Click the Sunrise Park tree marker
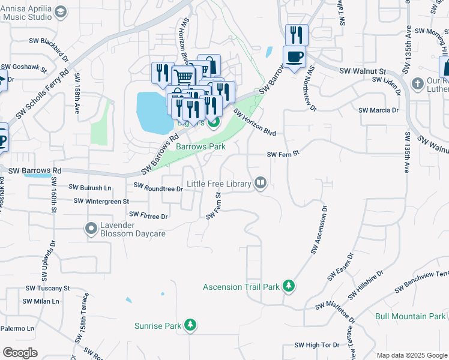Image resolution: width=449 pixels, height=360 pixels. coord(190,326)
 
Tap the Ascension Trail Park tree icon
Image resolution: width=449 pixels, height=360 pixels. coord(289,286)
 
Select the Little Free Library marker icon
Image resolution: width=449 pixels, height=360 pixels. coord(261,183)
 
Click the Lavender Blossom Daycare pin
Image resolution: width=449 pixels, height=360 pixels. coord(91,228)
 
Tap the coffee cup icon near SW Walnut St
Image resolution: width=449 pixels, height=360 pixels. coord(294,57)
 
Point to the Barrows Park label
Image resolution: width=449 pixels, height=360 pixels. coord(200,146)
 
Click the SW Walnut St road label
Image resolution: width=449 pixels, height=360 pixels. coord(362,71)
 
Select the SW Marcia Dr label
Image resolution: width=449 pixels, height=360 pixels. coord(378,110)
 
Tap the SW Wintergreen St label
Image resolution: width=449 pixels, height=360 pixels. coord(101,201)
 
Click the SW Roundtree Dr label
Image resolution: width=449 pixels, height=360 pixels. coord(157,188)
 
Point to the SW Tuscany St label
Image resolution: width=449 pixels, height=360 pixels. coord(47,289)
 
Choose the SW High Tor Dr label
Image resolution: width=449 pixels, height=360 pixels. coord(318,345)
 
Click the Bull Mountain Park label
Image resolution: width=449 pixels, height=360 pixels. coord(410,316)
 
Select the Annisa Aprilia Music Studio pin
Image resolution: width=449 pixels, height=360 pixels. coord(60,12)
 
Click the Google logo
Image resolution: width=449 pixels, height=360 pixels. coord(20,352)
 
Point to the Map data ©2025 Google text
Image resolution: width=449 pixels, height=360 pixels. coord(411,355)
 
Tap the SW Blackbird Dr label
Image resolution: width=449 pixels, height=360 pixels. coord(49,41)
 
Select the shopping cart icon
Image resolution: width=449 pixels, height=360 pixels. coord(184,77)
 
